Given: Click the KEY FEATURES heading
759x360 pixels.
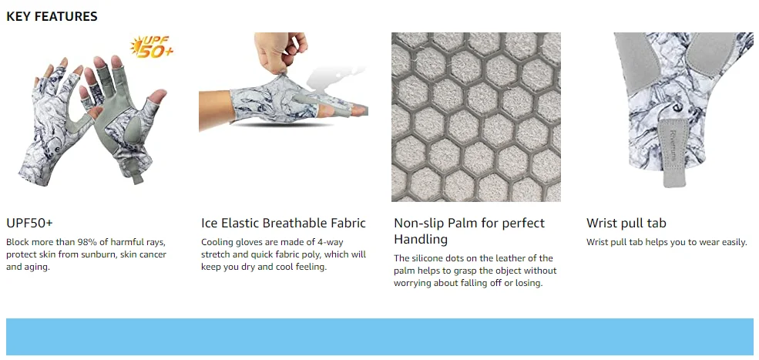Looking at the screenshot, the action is tap(52, 16).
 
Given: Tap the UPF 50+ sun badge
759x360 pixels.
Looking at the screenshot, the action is tap(152, 48).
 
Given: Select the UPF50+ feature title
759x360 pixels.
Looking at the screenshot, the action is tap(29, 224).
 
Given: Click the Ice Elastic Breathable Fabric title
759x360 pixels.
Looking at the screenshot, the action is tap(283, 224).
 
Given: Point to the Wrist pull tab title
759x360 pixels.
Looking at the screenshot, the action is tap(626, 224).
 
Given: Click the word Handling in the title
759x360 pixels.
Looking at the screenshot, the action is tap(421, 239).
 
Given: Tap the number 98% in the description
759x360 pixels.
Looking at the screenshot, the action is tap(82, 242).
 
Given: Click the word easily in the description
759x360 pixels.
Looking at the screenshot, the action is tap(734, 242).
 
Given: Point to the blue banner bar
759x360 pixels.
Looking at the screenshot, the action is tap(379, 336).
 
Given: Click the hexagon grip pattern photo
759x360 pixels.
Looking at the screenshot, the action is tap(476, 116).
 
